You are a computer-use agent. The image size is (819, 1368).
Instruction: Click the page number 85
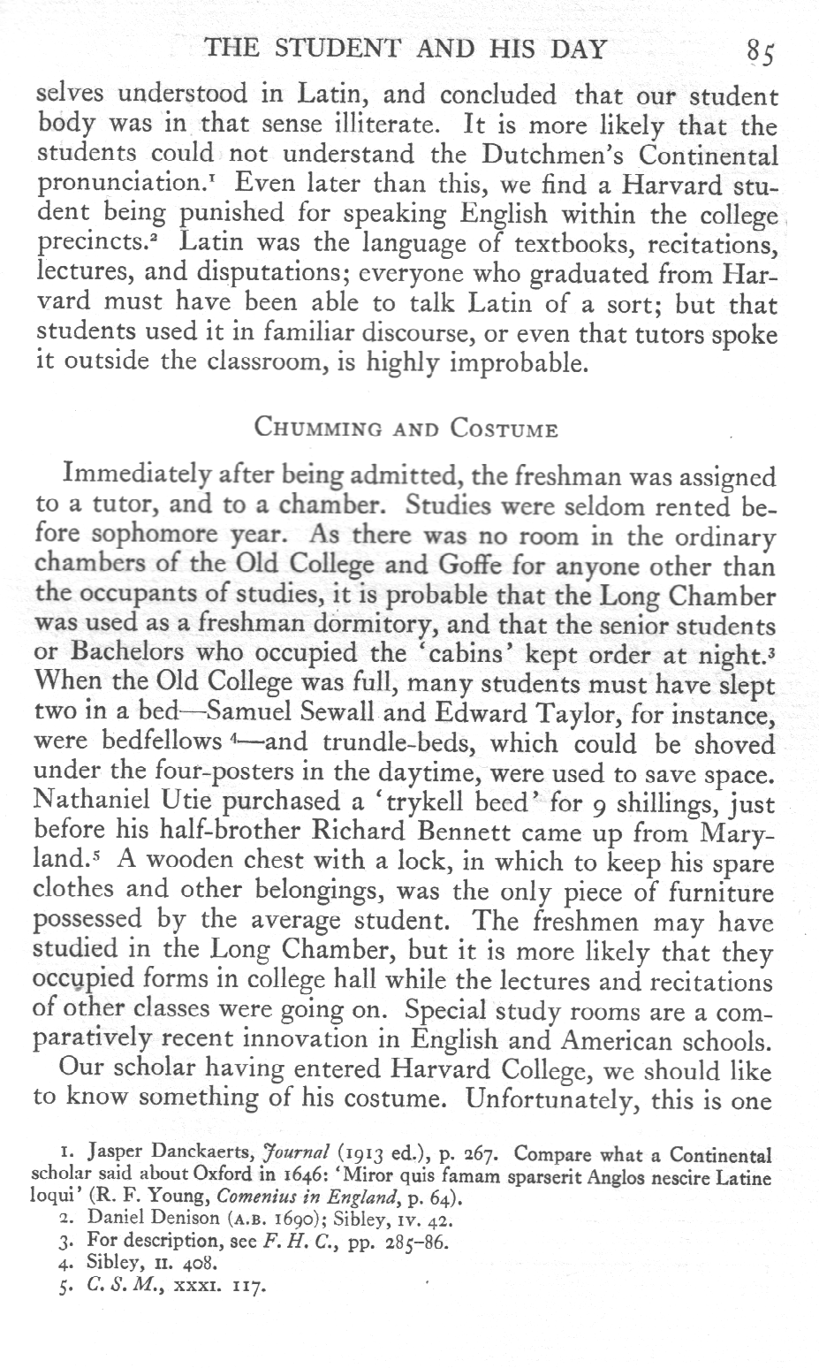pyautogui.click(x=759, y=51)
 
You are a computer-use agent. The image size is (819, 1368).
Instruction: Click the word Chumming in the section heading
pyautogui.click(x=316, y=430)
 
